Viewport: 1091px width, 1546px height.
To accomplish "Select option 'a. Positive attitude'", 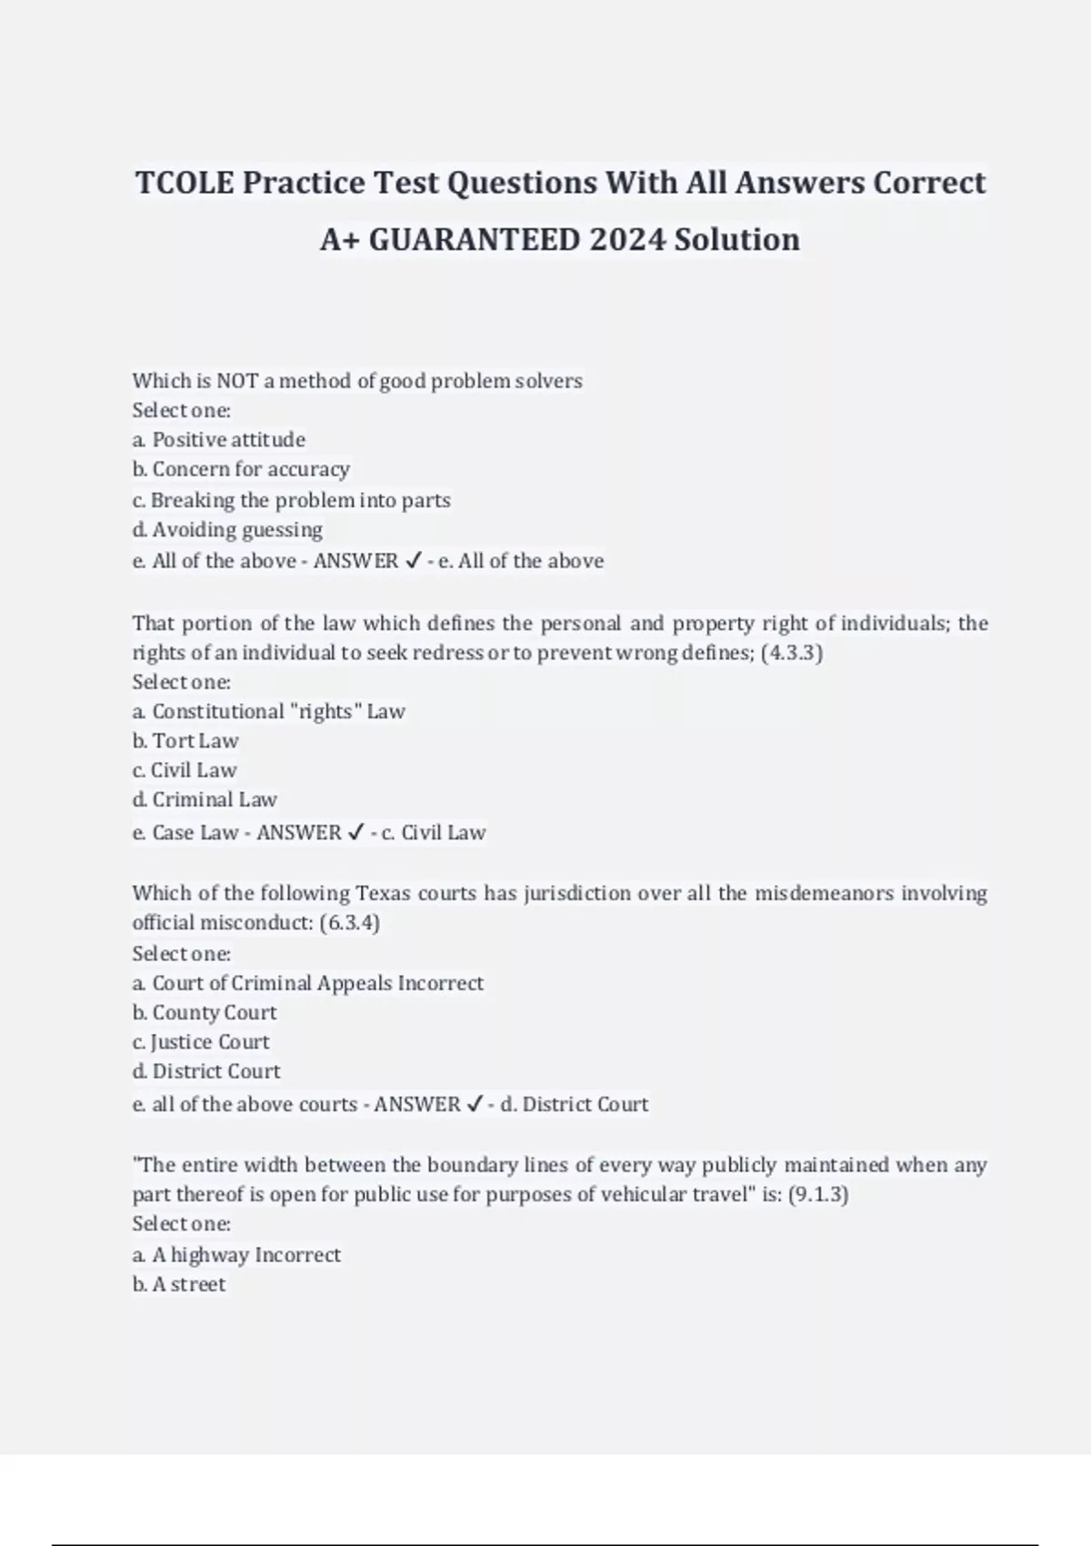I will pyautogui.click(x=219, y=440).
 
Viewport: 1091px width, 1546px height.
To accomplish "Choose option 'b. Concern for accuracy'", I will pyautogui.click(x=241, y=470).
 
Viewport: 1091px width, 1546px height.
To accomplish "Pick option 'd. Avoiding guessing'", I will pyautogui.click(x=227, y=530).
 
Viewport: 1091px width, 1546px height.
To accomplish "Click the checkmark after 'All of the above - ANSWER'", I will pyautogui.click(x=413, y=561).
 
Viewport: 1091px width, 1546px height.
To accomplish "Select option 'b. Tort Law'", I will pyautogui.click(x=185, y=741).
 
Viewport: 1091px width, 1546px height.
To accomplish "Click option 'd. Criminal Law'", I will pyautogui.click(x=205, y=800).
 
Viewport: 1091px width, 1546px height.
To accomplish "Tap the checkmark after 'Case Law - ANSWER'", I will pyautogui.click(x=356, y=832).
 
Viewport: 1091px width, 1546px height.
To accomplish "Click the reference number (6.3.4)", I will pyautogui.click(x=350, y=923).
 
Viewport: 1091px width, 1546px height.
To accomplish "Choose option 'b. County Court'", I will pyautogui.click(x=205, y=1013).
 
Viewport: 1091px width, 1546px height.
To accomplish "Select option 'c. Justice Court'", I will pyautogui.click(x=201, y=1042).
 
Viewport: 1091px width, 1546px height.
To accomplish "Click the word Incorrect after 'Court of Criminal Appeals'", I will pyautogui.click(x=441, y=983).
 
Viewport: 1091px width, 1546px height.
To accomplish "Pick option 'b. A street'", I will pyautogui.click(x=179, y=1285).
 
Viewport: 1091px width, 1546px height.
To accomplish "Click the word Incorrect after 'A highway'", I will pyautogui.click(x=298, y=1256).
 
